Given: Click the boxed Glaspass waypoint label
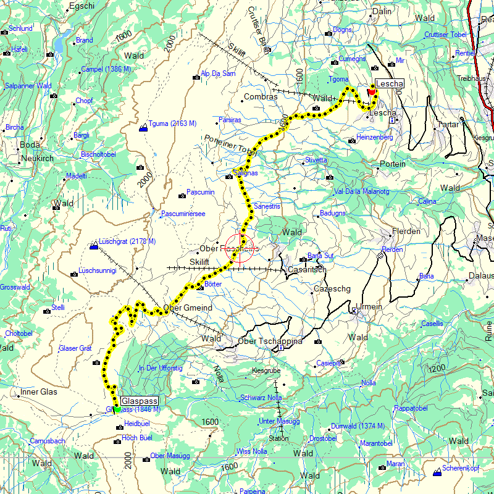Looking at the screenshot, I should coord(140,400).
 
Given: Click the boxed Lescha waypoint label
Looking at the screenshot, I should coord(389,84).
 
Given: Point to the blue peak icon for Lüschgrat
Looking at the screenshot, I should coord(94,246).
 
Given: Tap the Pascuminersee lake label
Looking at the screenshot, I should coord(183,214).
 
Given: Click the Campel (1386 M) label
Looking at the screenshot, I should coord(106,69).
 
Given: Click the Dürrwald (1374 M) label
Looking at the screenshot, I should coord(358,426).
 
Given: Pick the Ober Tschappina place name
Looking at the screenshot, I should coord(270,341).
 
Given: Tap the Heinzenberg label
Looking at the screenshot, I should coord(375,137).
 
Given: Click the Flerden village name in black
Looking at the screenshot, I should coord(406,232).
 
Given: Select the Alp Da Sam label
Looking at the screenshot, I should coord(218,73).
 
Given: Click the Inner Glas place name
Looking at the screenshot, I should coord(38,391).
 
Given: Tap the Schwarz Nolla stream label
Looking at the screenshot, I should coord(261,398).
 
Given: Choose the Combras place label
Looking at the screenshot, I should coord(261,97).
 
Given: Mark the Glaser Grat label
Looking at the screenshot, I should coord(75,348).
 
